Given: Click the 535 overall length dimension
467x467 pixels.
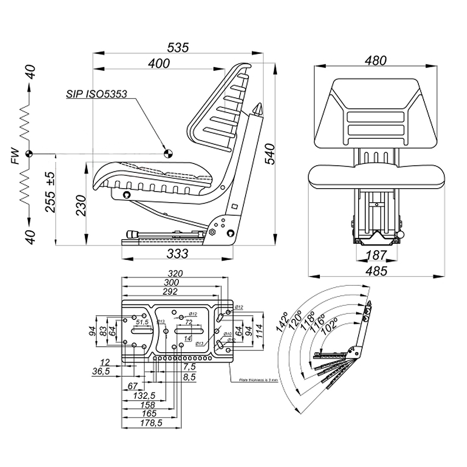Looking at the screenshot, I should click(178, 47).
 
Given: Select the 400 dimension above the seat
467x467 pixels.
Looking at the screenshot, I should click(159, 64).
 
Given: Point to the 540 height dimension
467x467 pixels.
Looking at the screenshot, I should click(269, 154).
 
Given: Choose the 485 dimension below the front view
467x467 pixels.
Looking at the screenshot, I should click(376, 271).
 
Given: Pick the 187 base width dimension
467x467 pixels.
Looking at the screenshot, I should click(376, 255).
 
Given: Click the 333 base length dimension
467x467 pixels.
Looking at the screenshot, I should click(177, 254).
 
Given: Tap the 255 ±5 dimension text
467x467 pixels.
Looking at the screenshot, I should click(51, 192).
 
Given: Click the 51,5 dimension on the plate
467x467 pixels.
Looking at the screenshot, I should click(142, 322).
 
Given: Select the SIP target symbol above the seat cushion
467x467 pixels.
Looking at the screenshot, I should click(167, 153).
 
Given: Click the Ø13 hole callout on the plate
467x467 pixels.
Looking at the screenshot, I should click(199, 344).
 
